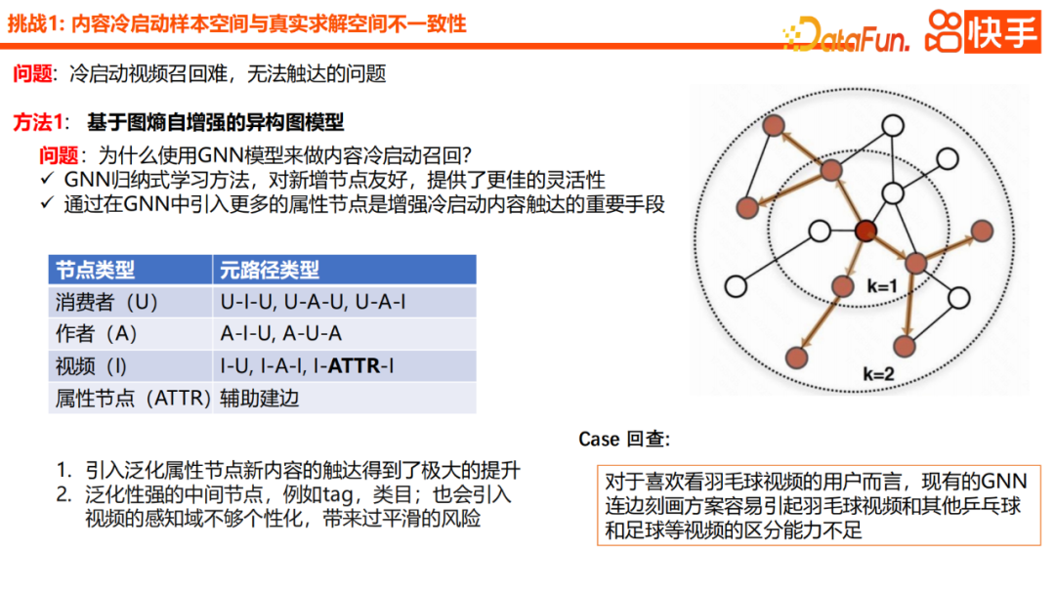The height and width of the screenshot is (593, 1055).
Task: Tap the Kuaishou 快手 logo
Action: tap(981, 32)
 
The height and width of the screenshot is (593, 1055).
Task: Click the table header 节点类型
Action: tap(95, 270)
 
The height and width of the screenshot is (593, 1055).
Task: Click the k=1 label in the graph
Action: tap(881, 287)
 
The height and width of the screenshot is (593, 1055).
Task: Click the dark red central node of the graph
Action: tap(865, 232)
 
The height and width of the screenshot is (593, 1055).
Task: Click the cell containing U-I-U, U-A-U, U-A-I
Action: tap(313, 302)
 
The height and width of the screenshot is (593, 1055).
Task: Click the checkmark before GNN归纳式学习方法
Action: tap(47, 180)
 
